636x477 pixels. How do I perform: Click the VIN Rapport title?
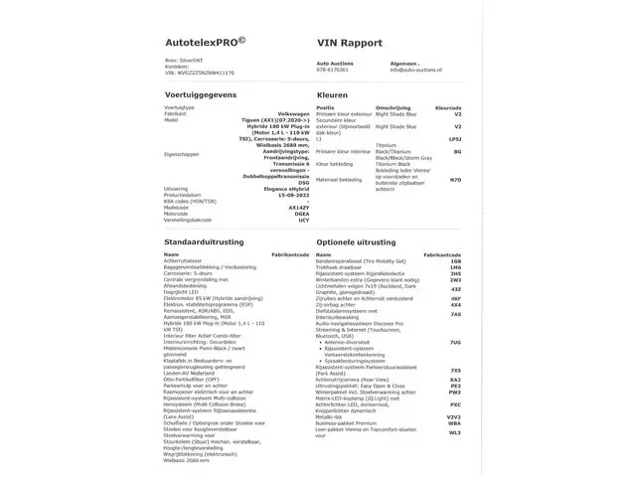[350, 45]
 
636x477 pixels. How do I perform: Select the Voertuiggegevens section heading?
[202, 94]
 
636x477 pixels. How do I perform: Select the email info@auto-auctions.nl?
[422, 71]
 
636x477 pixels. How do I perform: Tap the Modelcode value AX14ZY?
[284, 209]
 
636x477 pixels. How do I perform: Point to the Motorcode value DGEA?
[289, 216]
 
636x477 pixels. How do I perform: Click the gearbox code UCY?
[291, 222]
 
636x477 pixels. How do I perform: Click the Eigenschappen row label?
[185, 154]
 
